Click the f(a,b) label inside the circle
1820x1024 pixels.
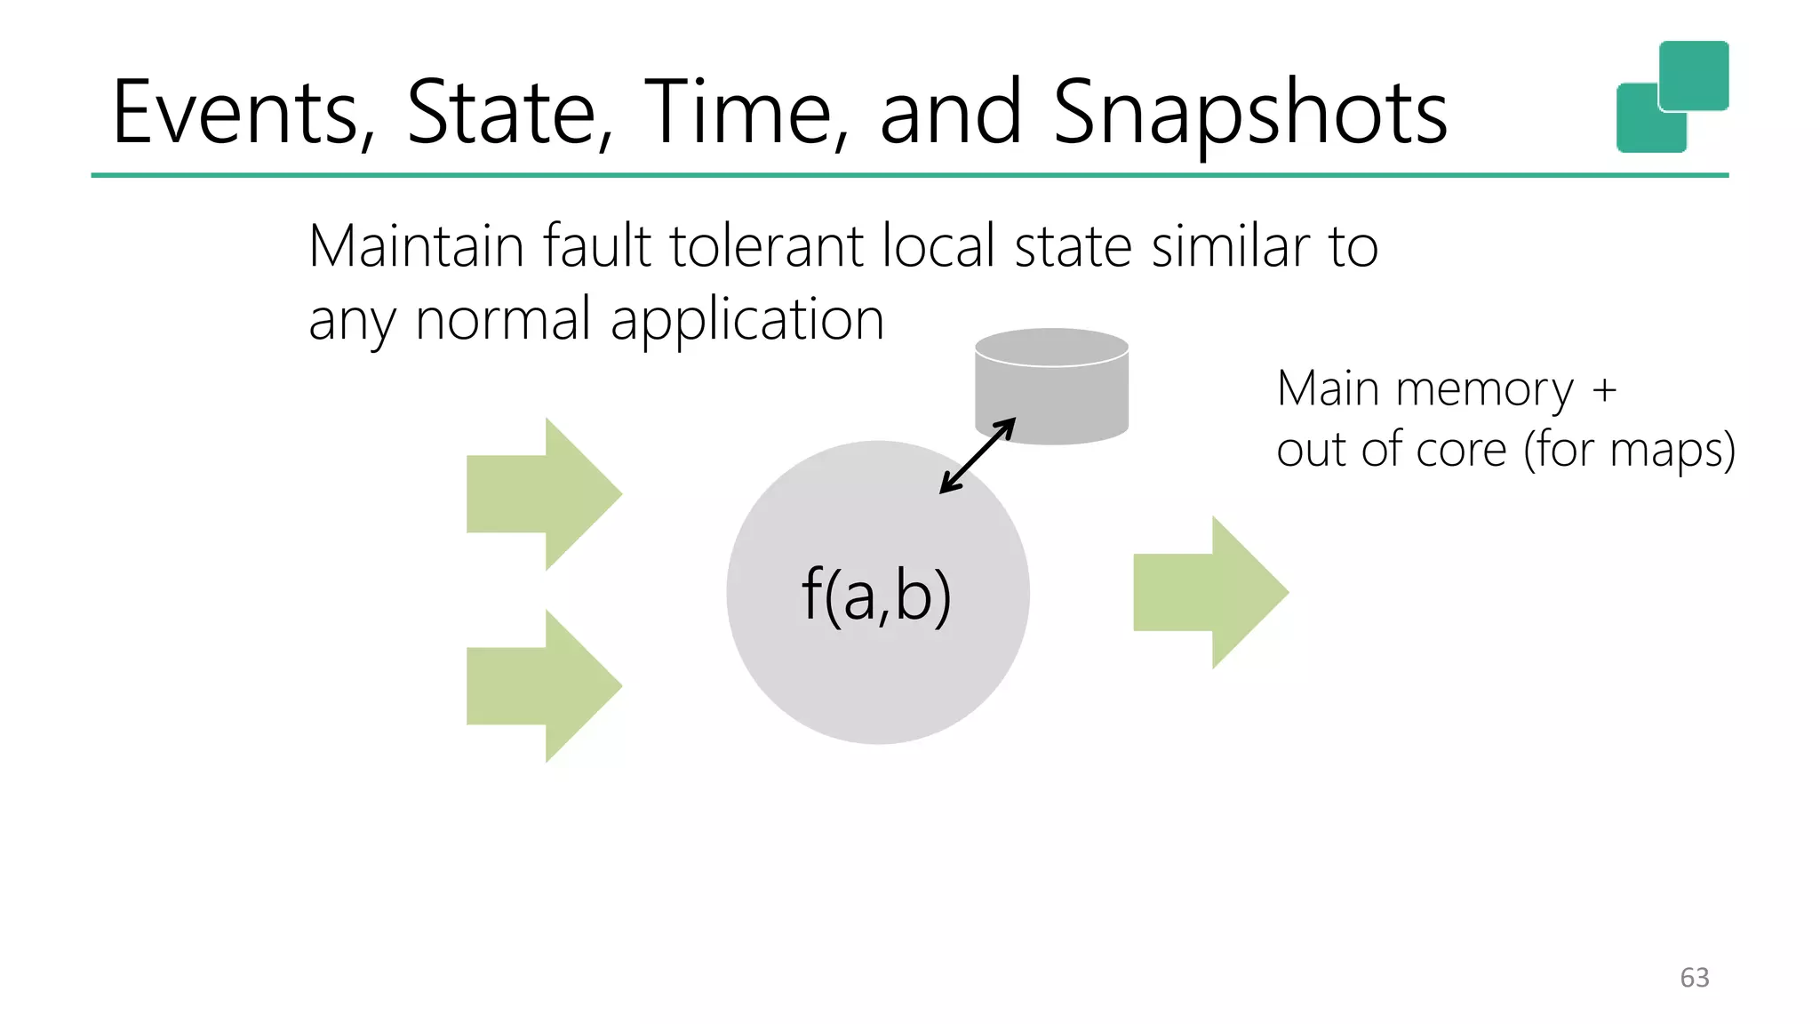click(876, 595)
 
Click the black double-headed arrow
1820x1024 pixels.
click(978, 455)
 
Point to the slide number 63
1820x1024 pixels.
click(1694, 978)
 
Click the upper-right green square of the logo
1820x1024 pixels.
click(1694, 75)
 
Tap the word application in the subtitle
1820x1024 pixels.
click(746, 320)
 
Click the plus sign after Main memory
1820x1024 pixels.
click(1604, 389)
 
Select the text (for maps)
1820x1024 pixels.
click(1629, 450)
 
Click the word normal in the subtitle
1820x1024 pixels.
click(503, 320)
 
